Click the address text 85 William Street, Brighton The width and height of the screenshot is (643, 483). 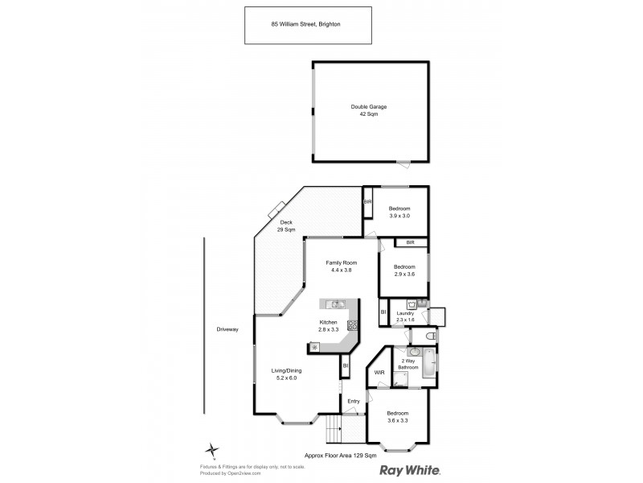click(308, 24)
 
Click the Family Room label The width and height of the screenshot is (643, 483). click(342, 263)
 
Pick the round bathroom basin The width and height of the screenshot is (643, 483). click(413, 352)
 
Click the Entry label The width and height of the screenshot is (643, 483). click(353, 401)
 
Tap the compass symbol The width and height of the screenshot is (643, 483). click(211, 451)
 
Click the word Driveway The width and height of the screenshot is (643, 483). click(227, 329)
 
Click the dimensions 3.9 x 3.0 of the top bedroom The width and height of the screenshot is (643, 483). click(399, 216)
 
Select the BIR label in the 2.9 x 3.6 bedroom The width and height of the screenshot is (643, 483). click(410, 242)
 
